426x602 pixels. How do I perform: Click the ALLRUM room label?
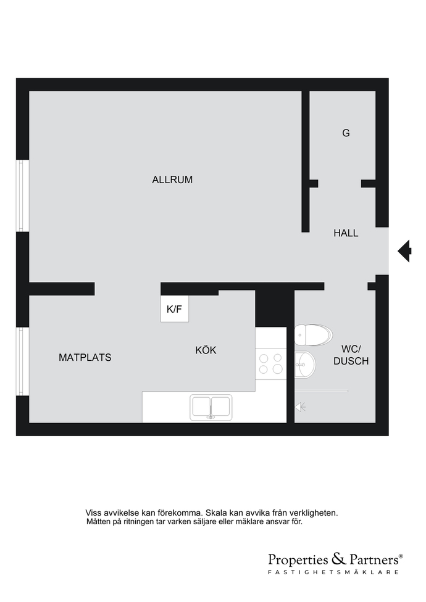pyautogui.click(x=172, y=179)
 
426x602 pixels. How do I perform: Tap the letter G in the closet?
pyautogui.click(x=346, y=133)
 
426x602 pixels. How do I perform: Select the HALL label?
pyautogui.click(x=346, y=233)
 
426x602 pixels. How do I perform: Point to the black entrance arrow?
pyautogui.click(x=404, y=251)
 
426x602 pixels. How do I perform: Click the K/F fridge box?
pyautogui.click(x=174, y=308)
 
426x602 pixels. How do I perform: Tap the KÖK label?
pyautogui.click(x=206, y=350)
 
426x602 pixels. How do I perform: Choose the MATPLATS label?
pyautogui.click(x=85, y=358)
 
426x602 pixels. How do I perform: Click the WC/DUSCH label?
pyautogui.click(x=351, y=355)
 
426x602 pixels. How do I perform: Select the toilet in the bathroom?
pyautogui.click(x=314, y=335)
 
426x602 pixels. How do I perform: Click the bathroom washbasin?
pyautogui.click(x=305, y=364)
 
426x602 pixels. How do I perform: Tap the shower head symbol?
pyautogui.click(x=301, y=407)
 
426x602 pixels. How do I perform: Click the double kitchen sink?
pyautogui.click(x=211, y=407)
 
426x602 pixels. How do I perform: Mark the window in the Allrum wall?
pyautogui.click(x=23, y=196)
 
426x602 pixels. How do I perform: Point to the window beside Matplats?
pyautogui.click(x=23, y=361)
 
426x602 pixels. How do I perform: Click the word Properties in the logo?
pyautogui.click(x=298, y=559)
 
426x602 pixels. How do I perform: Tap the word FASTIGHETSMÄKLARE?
pyautogui.click(x=333, y=572)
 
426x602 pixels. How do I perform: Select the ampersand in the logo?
pyautogui.click(x=338, y=559)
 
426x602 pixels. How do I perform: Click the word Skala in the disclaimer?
pyautogui.click(x=216, y=513)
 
